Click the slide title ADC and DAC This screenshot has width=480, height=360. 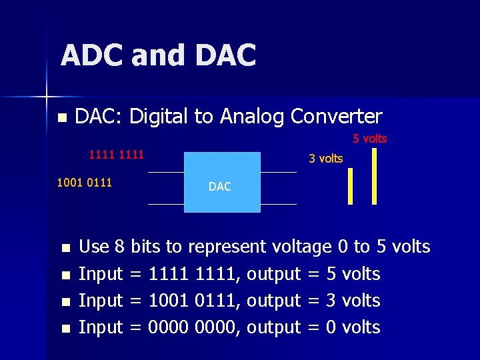click(158, 55)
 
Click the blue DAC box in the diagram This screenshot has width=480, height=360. click(221, 182)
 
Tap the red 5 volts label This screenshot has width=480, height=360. click(369, 139)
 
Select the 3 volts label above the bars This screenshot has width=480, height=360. click(325, 159)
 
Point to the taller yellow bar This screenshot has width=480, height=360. click(374, 175)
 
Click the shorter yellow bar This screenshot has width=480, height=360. click(350, 186)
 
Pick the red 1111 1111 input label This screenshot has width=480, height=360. click(116, 155)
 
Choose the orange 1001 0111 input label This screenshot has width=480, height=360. click(84, 182)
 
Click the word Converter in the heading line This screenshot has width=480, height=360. click(336, 117)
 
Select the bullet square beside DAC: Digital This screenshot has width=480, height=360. click(62, 118)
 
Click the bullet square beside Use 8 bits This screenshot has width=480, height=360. click(65, 249)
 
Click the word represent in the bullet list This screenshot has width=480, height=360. click(227, 247)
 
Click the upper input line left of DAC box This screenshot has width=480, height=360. click(165, 172)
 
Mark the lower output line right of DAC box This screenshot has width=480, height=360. click(278, 204)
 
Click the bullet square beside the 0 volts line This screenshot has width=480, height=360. click(65, 329)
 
